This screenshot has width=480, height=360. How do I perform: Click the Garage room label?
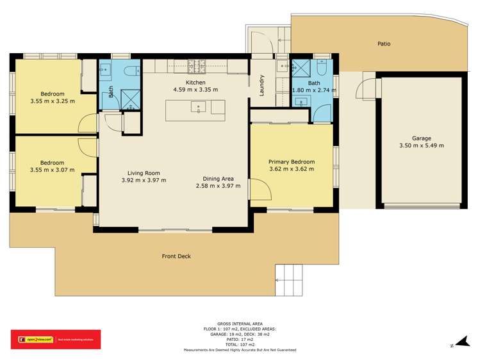[421, 138]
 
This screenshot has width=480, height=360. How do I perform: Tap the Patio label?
[383, 44]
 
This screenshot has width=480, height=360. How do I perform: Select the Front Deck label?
[176, 256]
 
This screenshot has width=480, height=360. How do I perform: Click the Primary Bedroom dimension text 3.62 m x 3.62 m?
[291, 170]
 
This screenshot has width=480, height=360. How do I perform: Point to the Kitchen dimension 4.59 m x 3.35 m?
[195, 90]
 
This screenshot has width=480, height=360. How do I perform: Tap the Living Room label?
[143, 173]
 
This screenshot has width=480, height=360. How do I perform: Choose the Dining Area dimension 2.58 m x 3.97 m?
[218, 186]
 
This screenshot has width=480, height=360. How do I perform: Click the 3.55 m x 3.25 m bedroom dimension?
[52, 101]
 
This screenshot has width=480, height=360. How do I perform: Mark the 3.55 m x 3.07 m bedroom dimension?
[52, 170]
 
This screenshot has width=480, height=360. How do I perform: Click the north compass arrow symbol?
[458, 343]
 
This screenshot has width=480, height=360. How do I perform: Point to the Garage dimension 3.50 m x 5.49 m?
[421, 145]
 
